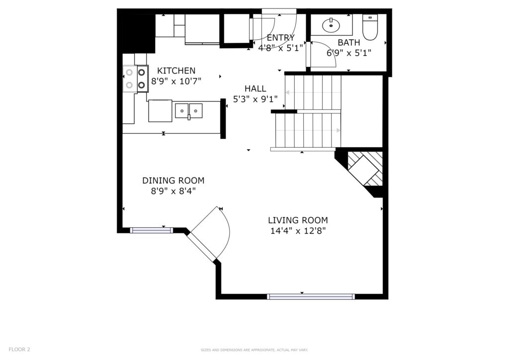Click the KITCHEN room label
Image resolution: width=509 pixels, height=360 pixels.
pyautogui.click(x=176, y=71)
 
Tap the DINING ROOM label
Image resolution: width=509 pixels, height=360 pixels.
pyautogui.click(x=173, y=180)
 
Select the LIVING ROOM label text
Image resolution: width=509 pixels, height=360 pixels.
pyautogui.click(x=298, y=220)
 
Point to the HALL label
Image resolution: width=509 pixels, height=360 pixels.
pyautogui.click(x=255, y=89)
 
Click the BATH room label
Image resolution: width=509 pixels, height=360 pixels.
pyautogui.click(x=348, y=43)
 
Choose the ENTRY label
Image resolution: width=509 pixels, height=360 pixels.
pyautogui.click(x=280, y=38)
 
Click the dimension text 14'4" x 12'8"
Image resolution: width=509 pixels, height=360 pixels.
pyautogui.click(x=298, y=231)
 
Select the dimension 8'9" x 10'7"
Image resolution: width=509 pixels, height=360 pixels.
pyautogui.click(x=176, y=81)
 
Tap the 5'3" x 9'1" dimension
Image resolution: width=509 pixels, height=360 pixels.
pyautogui.click(x=255, y=98)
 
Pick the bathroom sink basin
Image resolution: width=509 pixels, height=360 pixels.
pyautogui.click(x=331, y=25)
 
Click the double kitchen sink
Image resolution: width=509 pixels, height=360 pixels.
pyautogui.click(x=188, y=111)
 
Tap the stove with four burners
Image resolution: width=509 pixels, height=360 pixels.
pyautogui.click(x=135, y=79)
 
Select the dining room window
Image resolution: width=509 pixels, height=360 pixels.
pyautogui.click(x=151, y=231)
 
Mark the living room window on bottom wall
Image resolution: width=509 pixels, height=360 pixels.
pyautogui.click(x=311, y=296)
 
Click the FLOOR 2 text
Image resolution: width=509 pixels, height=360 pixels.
pyautogui.click(x=19, y=350)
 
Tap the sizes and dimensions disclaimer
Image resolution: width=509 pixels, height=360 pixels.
pyautogui.click(x=254, y=350)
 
